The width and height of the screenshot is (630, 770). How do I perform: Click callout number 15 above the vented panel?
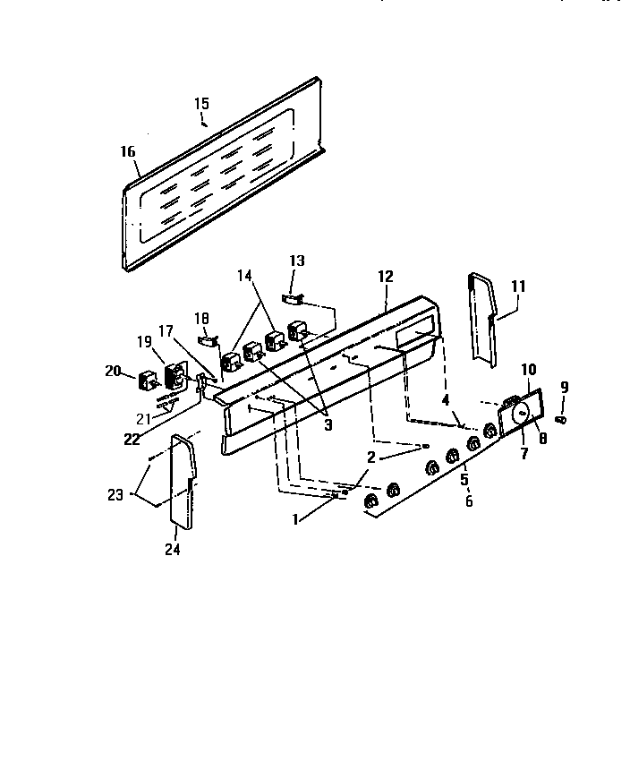201,104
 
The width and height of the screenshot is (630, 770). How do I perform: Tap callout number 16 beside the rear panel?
128,151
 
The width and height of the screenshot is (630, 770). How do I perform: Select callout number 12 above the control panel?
386,277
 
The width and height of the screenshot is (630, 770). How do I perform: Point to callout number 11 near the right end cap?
519,287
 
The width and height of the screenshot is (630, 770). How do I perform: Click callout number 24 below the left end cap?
172,550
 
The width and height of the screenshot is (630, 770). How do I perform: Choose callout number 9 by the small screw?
563,387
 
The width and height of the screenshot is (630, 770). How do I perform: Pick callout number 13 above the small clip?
296,261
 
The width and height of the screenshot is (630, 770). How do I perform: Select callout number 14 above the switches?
244,276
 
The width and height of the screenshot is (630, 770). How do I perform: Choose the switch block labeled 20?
143,381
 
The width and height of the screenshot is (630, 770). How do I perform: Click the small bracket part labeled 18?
207,339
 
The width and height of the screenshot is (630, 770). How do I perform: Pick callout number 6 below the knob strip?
470,500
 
